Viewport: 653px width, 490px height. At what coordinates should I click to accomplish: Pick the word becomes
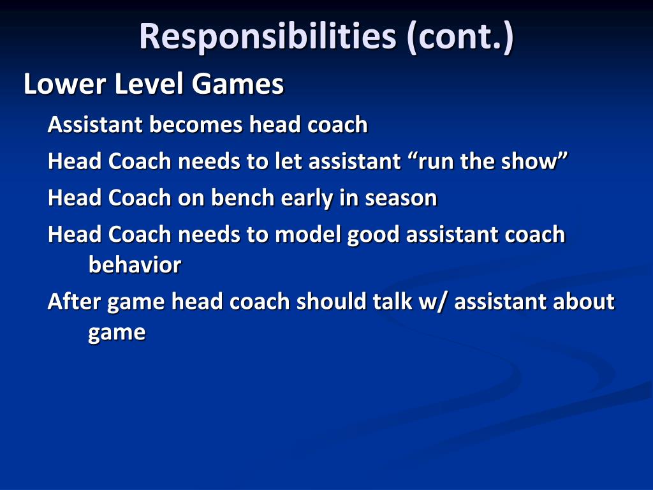point(196,124)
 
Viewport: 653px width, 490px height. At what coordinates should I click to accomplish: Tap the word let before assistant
point(288,161)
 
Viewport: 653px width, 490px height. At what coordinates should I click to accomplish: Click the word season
point(401,198)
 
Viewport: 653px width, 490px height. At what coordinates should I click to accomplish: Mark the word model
point(308,235)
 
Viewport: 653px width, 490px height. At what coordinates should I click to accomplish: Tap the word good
point(374,235)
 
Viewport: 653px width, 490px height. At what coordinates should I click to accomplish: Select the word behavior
point(135,264)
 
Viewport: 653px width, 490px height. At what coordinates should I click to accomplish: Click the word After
point(75,301)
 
